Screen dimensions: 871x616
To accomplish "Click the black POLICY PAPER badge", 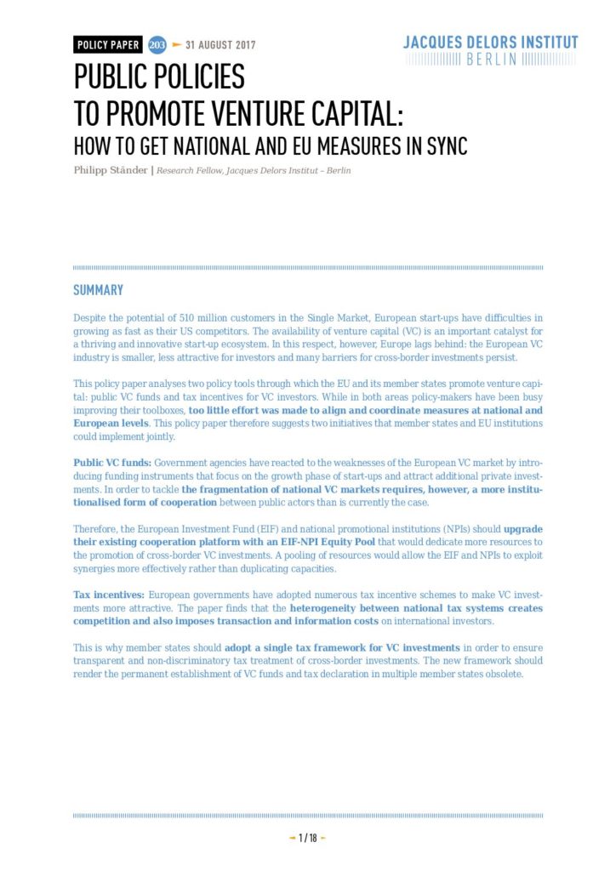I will click(107, 45).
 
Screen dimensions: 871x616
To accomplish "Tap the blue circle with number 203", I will click(157, 45).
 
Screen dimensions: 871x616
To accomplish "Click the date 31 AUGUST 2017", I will click(220, 45).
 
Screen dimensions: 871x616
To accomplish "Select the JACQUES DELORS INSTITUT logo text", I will click(490, 43).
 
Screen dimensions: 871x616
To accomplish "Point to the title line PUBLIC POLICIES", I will click(159, 77).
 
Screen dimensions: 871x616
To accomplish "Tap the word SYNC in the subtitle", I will click(443, 145).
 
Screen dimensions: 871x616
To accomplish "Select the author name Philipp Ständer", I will click(109, 171).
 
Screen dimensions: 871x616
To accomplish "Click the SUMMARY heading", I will click(98, 291).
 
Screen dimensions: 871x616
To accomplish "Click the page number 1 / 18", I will click(307, 838).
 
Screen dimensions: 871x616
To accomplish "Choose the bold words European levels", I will click(111, 424).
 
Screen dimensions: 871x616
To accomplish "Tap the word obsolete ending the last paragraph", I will click(497, 675).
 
